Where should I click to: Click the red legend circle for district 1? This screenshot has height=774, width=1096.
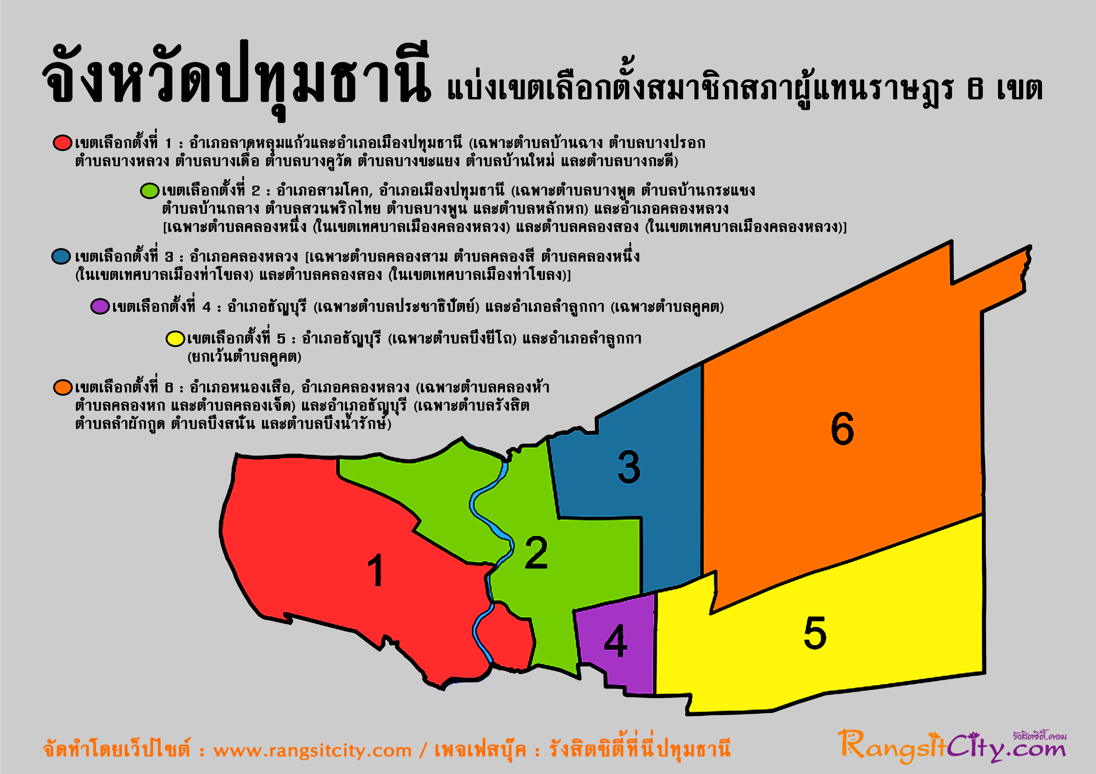pos(62,143)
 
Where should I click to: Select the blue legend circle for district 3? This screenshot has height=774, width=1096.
pos(61,256)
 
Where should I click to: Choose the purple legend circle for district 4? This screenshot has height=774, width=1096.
pos(100,306)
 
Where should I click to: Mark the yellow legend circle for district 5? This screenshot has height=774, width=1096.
pos(175,339)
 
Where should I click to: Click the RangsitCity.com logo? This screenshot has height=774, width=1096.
pos(952,745)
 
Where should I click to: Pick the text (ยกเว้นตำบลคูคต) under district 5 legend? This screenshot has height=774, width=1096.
pos(244,357)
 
